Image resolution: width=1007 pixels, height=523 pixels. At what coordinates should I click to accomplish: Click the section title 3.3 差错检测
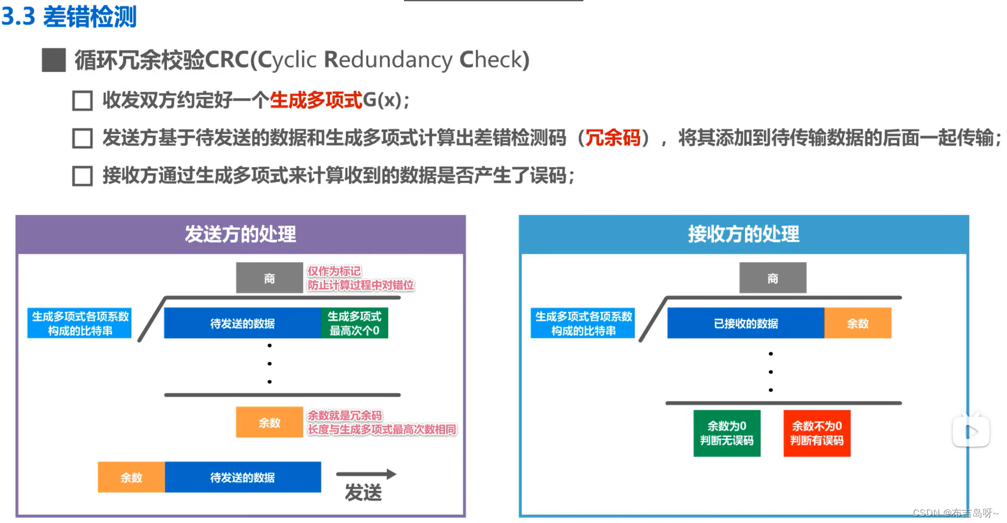coord(69,17)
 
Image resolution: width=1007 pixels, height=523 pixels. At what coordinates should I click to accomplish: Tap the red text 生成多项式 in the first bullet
coord(315,100)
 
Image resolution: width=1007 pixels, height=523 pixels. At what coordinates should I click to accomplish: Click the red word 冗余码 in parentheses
coord(612,138)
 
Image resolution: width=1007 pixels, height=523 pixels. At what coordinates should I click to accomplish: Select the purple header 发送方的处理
coord(240,234)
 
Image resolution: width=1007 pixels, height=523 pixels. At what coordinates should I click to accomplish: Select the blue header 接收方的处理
coord(743,234)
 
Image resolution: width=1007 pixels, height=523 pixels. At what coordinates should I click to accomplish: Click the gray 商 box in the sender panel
coord(269,278)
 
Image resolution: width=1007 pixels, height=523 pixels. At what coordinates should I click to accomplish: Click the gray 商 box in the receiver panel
coord(772,278)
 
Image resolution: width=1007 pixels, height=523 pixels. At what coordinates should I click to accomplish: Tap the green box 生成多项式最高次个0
coord(355,323)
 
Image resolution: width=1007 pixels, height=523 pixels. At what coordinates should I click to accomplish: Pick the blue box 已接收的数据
coord(745,323)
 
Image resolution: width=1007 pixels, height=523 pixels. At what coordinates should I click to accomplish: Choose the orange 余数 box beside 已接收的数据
coord(857,323)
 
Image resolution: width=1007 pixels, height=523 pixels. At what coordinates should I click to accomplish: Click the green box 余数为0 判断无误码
coord(726,433)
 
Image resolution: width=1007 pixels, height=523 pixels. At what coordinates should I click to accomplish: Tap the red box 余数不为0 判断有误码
coord(817,433)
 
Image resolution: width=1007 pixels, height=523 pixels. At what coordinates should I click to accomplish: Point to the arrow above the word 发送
coord(366,474)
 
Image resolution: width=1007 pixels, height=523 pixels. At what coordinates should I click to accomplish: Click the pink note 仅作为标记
coord(334,271)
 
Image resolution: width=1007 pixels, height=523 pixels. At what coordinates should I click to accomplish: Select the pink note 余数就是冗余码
coord(345,415)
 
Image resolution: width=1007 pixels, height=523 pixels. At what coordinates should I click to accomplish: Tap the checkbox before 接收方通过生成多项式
coord(82,176)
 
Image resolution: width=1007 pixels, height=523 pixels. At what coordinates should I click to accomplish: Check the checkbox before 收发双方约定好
coord(82,100)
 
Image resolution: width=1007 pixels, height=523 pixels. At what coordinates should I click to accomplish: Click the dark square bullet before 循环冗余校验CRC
coord(54,60)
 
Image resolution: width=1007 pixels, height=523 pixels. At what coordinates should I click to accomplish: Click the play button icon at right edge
coord(971,432)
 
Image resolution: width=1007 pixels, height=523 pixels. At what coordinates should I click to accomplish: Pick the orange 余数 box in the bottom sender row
coord(131,477)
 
